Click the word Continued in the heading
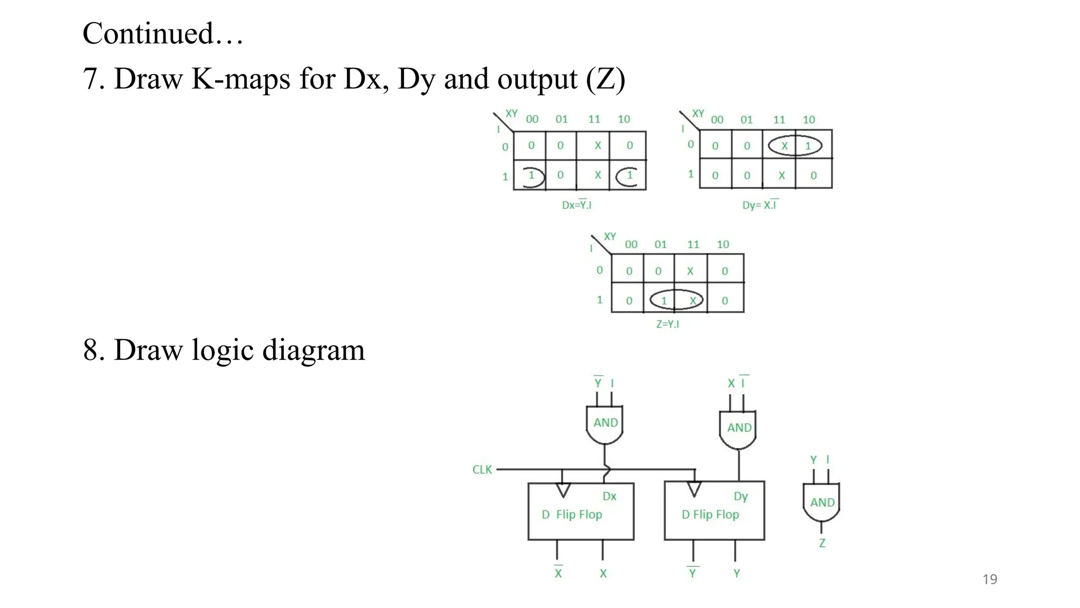pyautogui.click(x=148, y=34)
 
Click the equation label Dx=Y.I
pyautogui.click(x=576, y=205)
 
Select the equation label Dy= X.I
pyautogui.click(x=760, y=205)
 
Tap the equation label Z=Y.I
pyautogui.click(x=668, y=324)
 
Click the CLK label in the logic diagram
pyautogui.click(x=482, y=470)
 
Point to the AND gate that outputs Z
pyautogui.click(x=822, y=502)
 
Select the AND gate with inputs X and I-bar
pyautogui.click(x=738, y=429)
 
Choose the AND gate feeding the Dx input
pyautogui.click(x=605, y=424)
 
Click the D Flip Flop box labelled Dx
pyautogui.click(x=581, y=511)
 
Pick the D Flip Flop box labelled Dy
pyautogui.click(x=714, y=511)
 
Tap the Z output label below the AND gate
pyautogui.click(x=822, y=543)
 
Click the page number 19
pyautogui.click(x=990, y=579)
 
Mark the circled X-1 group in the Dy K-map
pyautogui.click(x=795, y=146)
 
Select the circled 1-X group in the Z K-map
pyautogui.click(x=676, y=300)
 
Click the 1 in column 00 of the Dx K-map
pyautogui.click(x=532, y=175)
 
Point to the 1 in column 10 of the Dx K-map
pyautogui.click(x=630, y=175)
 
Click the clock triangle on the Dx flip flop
pyautogui.click(x=563, y=490)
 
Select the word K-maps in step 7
pyautogui.click(x=240, y=79)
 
